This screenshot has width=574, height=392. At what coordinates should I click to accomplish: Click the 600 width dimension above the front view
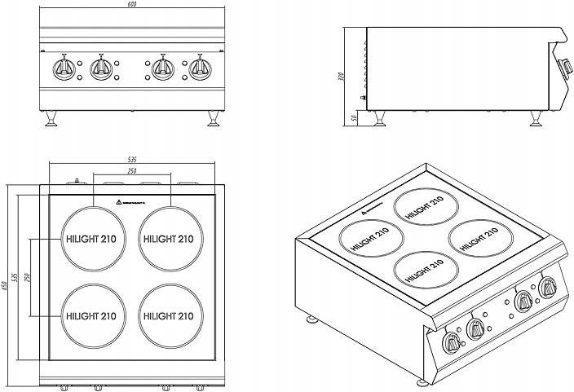tap(132, 6)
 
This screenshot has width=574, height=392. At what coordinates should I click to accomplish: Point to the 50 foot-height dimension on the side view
tap(354, 117)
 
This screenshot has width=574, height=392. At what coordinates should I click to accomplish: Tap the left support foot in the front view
tap(51, 119)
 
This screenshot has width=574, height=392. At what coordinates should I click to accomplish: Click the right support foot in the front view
tap(214, 119)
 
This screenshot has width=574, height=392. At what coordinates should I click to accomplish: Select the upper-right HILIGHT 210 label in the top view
tap(169, 240)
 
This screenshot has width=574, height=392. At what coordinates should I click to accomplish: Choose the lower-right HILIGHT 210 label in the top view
tap(169, 315)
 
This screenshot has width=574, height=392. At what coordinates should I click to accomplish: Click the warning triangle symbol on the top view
tap(120, 200)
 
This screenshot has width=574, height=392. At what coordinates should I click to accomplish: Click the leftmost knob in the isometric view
tap(450, 342)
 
